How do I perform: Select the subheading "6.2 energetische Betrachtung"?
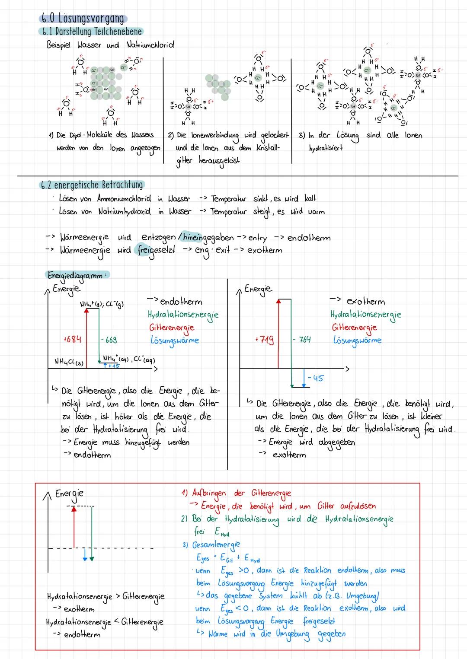point(92,185)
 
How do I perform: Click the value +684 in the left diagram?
point(72,339)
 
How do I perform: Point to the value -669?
point(109,340)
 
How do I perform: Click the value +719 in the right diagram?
point(265,340)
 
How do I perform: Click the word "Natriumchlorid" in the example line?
point(150,45)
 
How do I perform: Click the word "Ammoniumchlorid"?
point(124,199)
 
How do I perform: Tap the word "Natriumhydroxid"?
point(125,212)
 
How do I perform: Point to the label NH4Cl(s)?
point(69,361)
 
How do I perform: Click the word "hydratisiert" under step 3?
point(326,148)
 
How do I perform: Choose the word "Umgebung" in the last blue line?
point(293,634)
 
